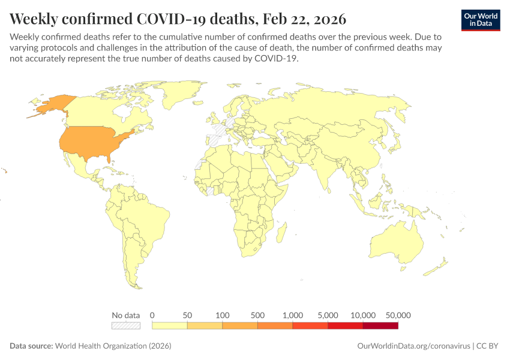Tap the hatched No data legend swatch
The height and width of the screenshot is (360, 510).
tap(126, 325)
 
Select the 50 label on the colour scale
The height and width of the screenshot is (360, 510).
tap(187, 315)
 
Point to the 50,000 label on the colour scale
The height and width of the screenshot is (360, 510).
tap(398, 315)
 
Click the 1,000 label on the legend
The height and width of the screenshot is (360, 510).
tap(293, 315)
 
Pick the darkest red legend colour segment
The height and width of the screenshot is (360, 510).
tap(380, 325)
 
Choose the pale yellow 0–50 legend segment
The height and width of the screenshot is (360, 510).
tap(170, 325)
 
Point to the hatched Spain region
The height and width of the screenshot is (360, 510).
tap(214, 139)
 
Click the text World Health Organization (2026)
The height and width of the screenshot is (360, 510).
tap(113, 346)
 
